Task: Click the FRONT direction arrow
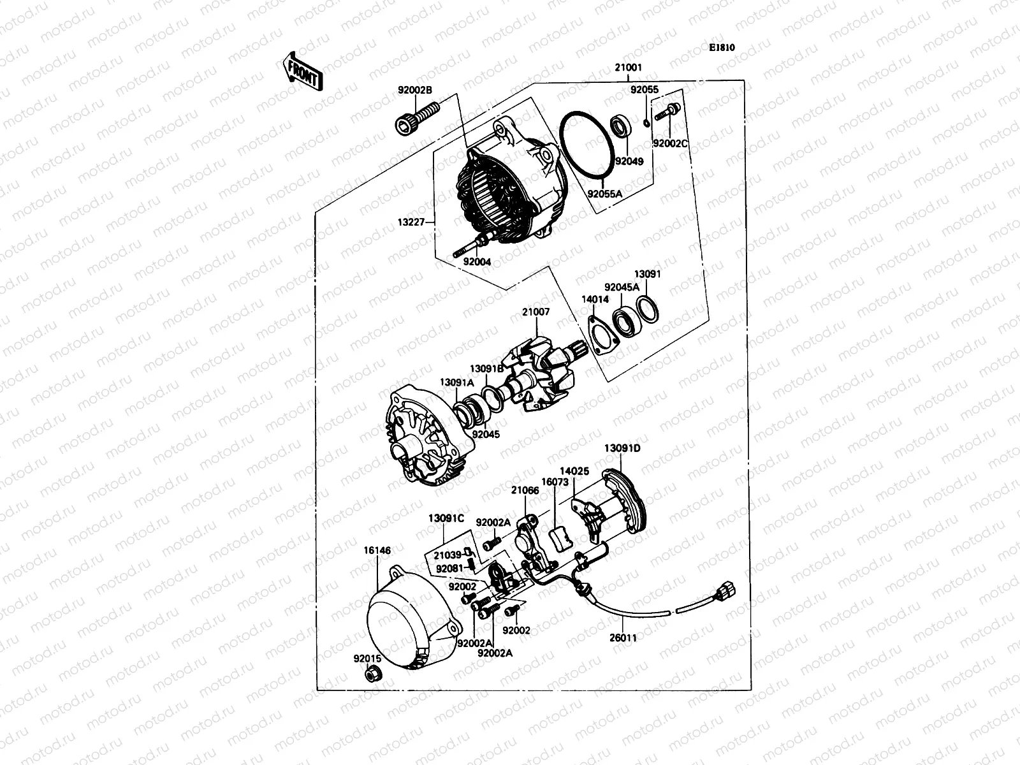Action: [302, 70]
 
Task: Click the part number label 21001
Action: [628, 68]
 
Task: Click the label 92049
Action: [629, 161]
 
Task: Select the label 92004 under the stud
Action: [477, 261]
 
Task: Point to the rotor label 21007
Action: [535, 312]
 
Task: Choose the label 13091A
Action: [456, 382]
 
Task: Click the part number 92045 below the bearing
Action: [486, 435]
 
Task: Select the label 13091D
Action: [622, 448]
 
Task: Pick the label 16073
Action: [555, 483]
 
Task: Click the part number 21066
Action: [525, 490]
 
